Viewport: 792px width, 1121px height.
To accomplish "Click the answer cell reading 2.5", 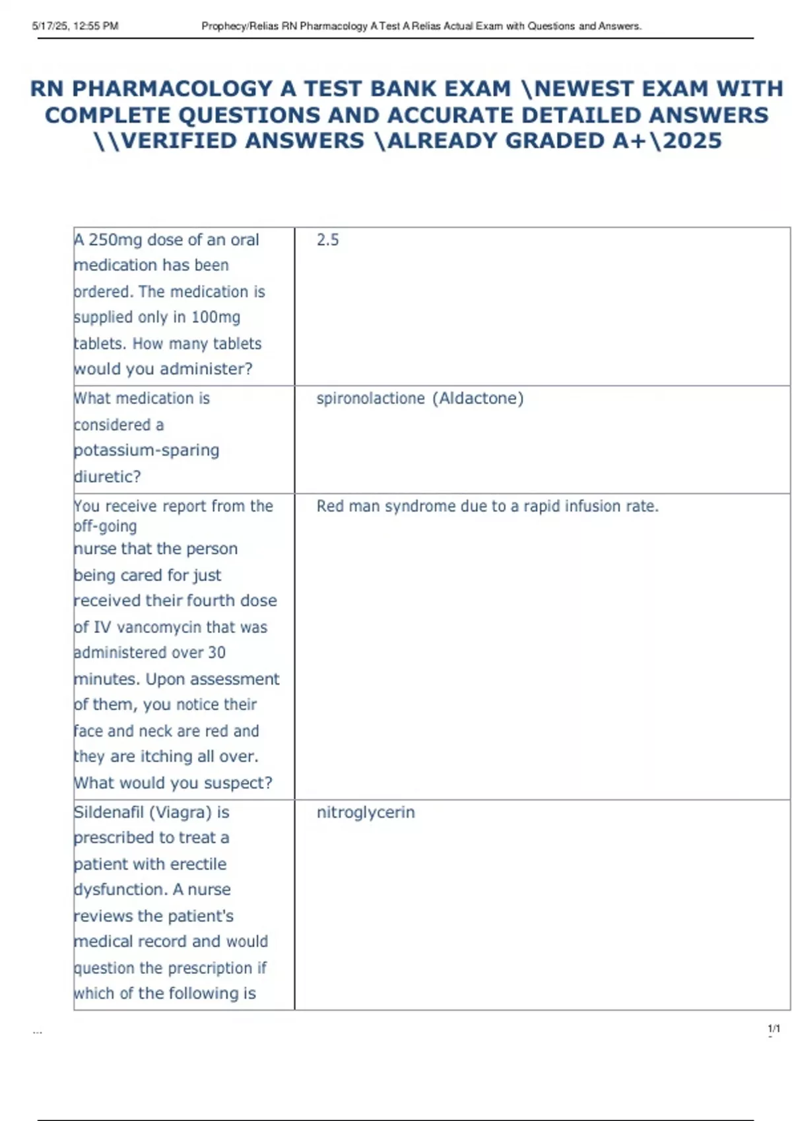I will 327,240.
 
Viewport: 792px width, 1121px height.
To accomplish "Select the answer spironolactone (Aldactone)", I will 420,398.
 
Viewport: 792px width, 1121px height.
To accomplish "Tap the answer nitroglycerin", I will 366,812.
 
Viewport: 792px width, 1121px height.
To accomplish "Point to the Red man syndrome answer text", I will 487,506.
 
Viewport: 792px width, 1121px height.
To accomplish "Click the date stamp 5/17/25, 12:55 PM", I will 75,26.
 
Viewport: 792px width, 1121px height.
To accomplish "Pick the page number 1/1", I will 774,1029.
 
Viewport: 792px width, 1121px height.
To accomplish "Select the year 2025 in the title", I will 692,141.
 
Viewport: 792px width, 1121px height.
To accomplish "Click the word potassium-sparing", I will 147,450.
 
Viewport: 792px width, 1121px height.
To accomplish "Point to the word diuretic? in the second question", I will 108,477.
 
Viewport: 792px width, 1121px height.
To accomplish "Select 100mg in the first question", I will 216,317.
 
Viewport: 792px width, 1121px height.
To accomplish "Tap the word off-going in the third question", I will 106,526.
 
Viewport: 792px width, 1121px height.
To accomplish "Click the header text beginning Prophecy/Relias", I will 421,26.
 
